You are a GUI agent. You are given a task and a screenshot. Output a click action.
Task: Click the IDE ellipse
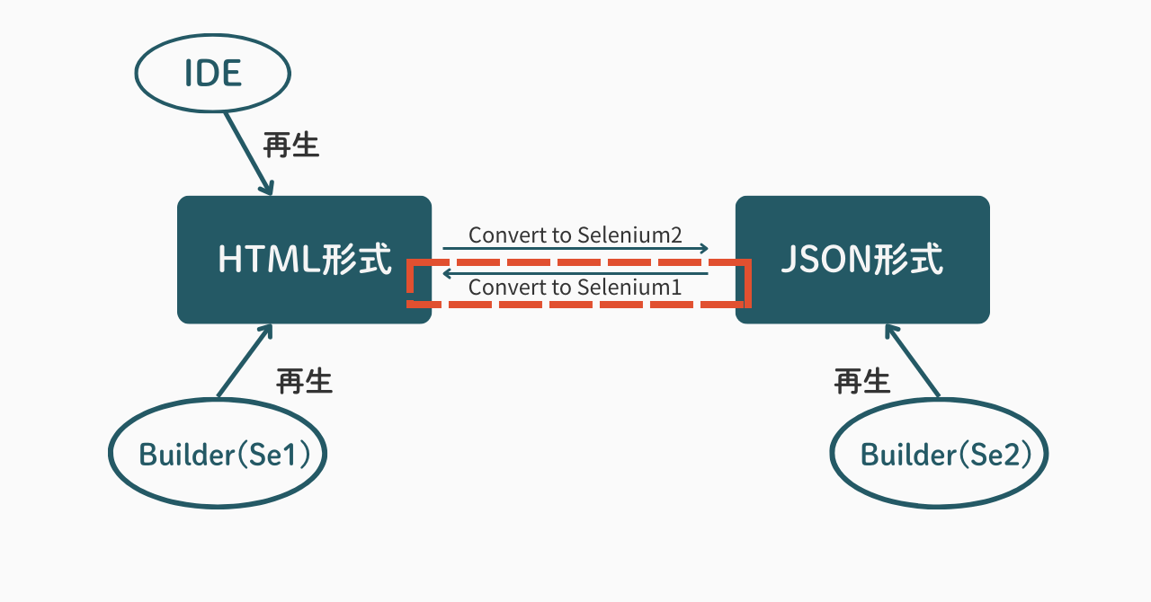pos(213,73)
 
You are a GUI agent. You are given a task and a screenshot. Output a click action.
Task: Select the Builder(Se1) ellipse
pos(218,454)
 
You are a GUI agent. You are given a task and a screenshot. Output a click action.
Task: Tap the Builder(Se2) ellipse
pos(940,454)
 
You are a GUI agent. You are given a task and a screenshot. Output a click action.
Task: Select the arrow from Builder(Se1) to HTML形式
pos(245,360)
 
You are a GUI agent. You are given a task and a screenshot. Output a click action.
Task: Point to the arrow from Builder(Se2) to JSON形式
pos(913,360)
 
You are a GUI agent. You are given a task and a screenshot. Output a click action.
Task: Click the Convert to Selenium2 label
pos(575,235)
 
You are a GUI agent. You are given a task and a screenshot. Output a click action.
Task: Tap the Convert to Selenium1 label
pos(575,288)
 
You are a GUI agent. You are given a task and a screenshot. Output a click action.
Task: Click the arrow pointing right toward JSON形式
pos(575,249)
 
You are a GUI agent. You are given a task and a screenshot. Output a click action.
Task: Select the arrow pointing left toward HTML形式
pos(575,274)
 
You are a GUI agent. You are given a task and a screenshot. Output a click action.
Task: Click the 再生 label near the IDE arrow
pos(291,145)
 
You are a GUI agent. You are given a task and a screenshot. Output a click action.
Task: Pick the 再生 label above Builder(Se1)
pos(304,381)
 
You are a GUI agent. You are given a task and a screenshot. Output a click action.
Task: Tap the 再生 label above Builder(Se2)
pos(862,381)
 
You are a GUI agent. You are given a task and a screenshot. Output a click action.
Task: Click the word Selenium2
pos(629,235)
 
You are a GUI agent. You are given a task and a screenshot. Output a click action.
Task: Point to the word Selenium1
pos(629,288)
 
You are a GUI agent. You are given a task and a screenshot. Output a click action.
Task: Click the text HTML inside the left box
pos(262,260)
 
